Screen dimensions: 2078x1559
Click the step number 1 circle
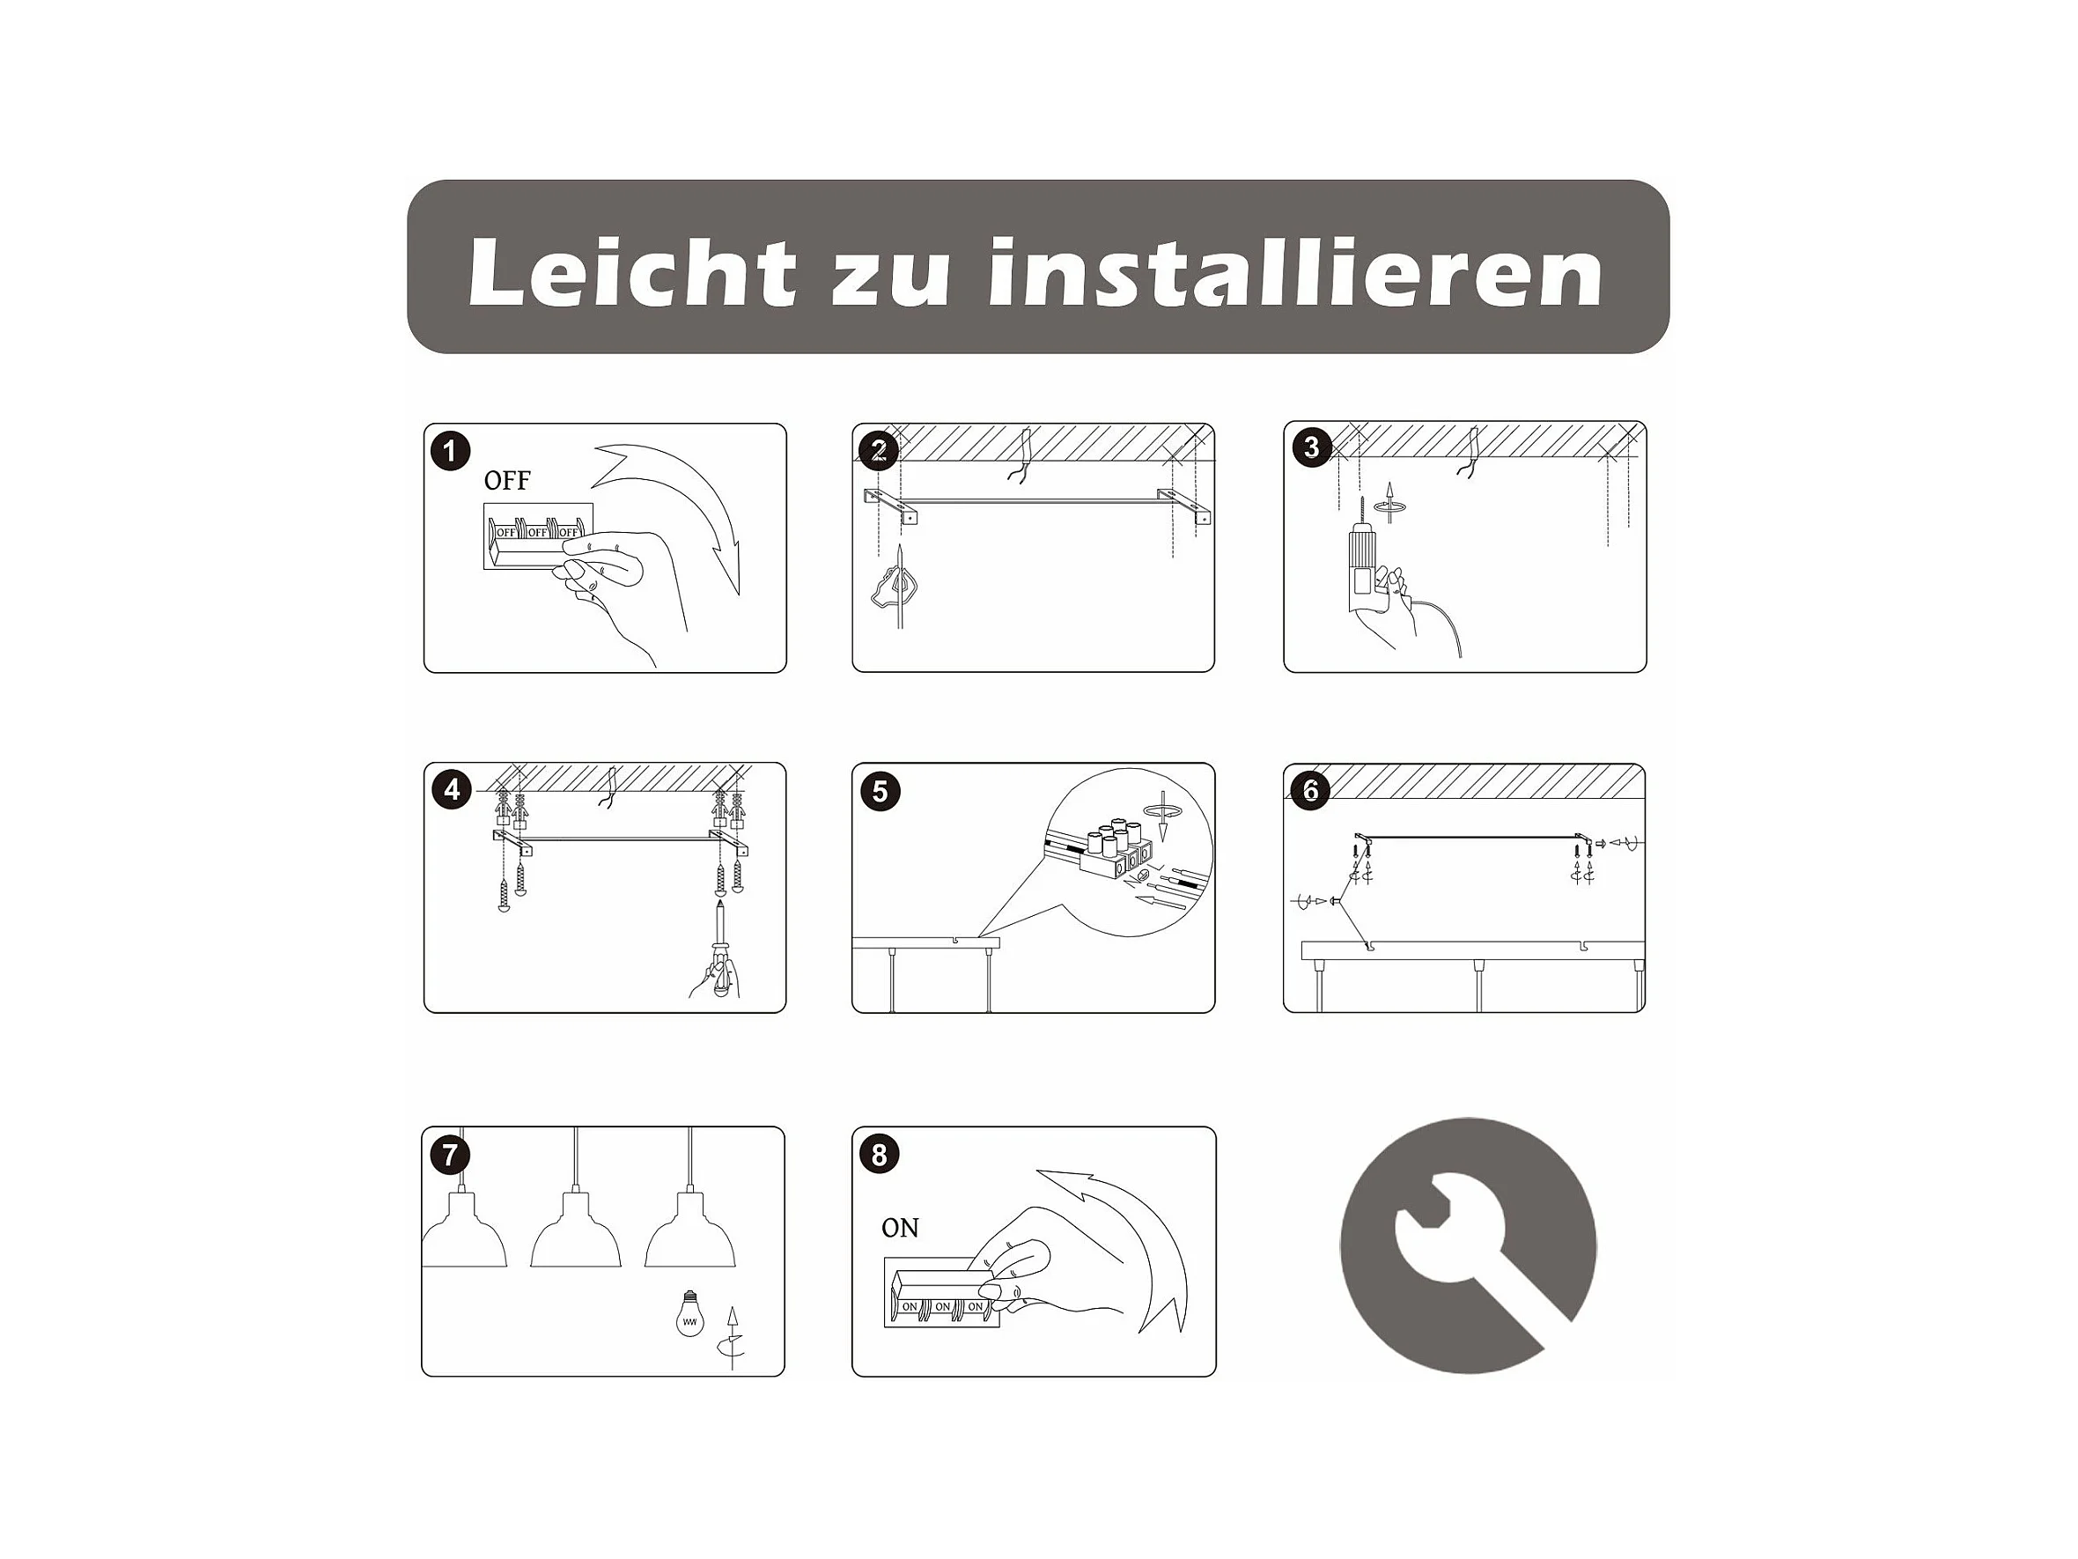point(450,451)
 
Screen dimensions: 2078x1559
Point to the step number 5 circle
point(881,791)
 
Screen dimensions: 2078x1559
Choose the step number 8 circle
point(880,1154)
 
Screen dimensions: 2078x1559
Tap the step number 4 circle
point(452,789)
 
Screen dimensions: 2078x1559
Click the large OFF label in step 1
point(507,481)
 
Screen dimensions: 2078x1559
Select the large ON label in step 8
point(900,1228)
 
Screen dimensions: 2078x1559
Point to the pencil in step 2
point(900,587)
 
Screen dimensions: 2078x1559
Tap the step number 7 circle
point(450,1154)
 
